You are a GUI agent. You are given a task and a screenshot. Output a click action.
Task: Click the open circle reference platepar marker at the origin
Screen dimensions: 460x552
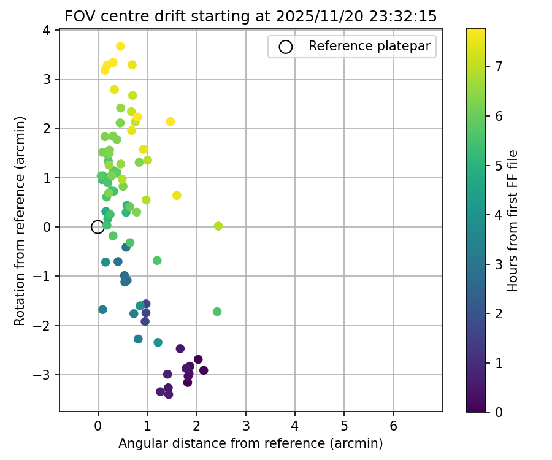pos(98,227)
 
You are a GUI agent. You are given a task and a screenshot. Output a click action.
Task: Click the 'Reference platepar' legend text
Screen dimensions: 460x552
pos(369,46)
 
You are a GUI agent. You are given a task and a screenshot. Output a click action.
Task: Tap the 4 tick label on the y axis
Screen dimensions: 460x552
pos(47,30)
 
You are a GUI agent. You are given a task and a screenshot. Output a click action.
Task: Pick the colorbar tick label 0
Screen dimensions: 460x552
pos(499,412)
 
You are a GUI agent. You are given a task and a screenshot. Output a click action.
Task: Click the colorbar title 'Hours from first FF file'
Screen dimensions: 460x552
pos(513,221)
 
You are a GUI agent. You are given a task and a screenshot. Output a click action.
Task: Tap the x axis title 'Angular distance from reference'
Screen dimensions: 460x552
pos(251,443)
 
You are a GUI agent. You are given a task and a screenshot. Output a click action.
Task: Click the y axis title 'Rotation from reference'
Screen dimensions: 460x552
pos(20,221)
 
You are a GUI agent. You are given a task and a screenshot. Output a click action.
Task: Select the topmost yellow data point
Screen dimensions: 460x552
pos(120,47)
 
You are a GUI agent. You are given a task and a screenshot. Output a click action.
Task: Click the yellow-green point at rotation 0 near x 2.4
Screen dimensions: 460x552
pos(218,226)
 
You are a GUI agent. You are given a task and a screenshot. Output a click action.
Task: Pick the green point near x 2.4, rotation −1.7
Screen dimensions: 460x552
pos(217,312)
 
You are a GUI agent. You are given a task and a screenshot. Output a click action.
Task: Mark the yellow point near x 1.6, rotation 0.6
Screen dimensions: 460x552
pos(177,196)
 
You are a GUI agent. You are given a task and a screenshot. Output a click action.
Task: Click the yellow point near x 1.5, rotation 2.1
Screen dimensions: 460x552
pos(171,121)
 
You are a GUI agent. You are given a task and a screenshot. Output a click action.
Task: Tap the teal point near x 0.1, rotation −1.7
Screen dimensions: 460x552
pos(102,310)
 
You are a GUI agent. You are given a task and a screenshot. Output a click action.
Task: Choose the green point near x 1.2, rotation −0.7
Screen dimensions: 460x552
pos(157,261)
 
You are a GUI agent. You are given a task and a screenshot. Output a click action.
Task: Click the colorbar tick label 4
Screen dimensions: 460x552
pos(499,215)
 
